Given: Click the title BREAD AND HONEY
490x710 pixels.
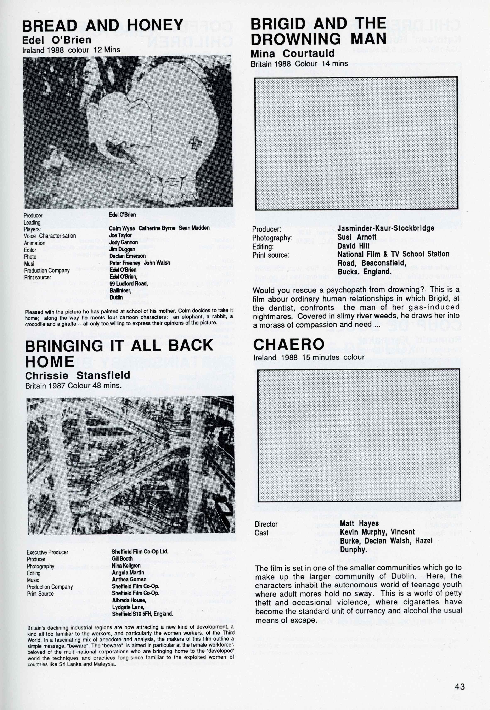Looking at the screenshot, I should click(103, 26).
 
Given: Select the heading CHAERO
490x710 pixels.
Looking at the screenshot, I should click(289, 344).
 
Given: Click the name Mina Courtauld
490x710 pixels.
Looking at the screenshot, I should click(292, 53).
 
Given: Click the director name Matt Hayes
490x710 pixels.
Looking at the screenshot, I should click(359, 523).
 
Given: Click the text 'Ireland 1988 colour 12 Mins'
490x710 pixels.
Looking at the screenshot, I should click(71, 50).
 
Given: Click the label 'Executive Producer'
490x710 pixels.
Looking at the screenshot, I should click(47, 552).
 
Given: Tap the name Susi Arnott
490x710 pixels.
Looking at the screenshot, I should click(357, 237).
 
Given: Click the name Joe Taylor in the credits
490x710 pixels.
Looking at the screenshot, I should click(120, 235).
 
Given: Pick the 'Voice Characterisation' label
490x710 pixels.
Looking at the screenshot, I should click(50, 236).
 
